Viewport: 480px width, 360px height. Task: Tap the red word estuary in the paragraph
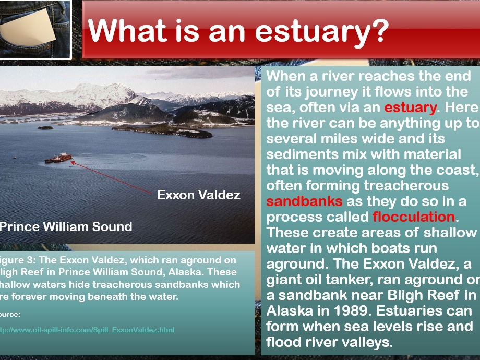click(410, 108)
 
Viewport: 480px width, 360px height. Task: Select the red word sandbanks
click(304, 201)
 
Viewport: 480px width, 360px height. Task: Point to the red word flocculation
click(413, 217)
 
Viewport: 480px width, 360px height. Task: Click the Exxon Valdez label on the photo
click(199, 195)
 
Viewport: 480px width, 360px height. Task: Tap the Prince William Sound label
click(66, 226)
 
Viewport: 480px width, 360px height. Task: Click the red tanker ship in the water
click(58, 158)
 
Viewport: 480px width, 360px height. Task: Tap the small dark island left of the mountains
click(45, 127)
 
